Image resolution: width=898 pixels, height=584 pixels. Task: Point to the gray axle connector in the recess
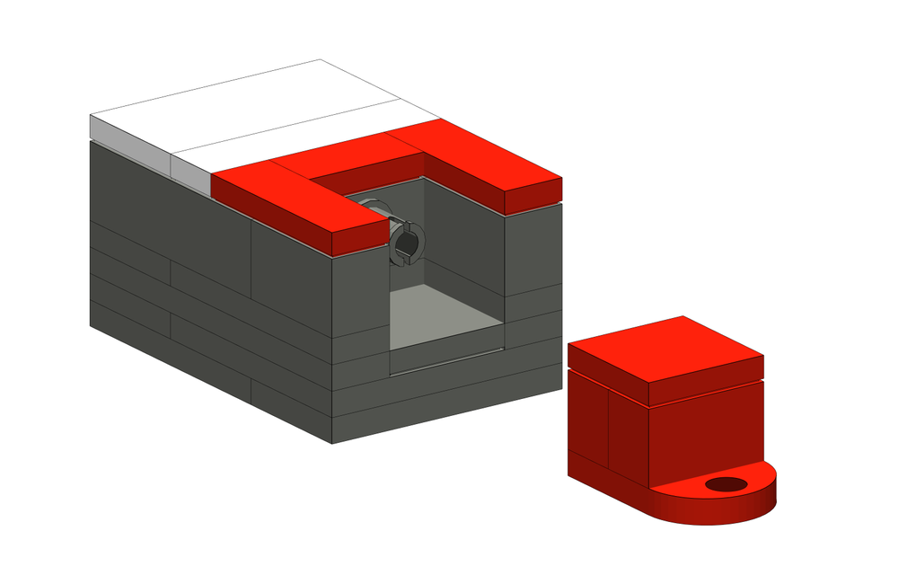[x=406, y=243]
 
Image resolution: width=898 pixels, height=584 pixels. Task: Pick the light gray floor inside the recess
[x=445, y=314]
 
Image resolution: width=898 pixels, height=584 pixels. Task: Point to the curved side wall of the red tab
[x=718, y=512]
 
